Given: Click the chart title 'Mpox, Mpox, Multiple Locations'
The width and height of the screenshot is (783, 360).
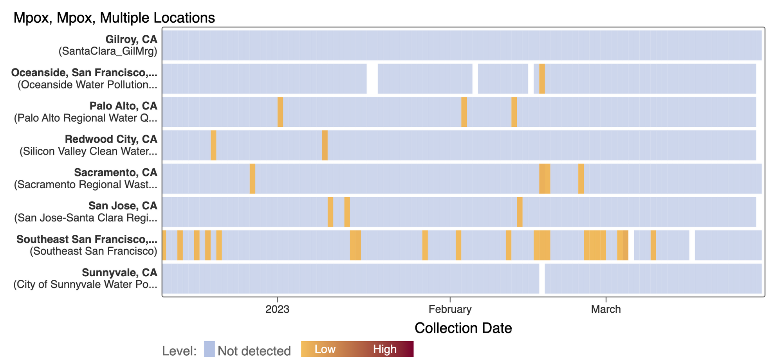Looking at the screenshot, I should pyautogui.click(x=114, y=18).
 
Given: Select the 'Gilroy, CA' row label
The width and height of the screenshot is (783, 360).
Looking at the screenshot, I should pyautogui.click(x=131, y=39).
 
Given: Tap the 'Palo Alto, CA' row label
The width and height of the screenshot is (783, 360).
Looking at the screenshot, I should pyautogui.click(x=123, y=106).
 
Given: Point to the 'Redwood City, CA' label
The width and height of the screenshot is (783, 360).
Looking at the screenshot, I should pyautogui.click(x=111, y=139).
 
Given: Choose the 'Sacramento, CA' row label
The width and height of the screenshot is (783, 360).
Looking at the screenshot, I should pyautogui.click(x=115, y=172).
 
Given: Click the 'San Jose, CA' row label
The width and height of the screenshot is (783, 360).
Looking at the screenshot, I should pyautogui.click(x=123, y=205).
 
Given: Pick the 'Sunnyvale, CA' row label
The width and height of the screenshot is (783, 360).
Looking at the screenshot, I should pyautogui.click(x=119, y=272).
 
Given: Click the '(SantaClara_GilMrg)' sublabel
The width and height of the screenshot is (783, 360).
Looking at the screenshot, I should pyautogui.click(x=108, y=51).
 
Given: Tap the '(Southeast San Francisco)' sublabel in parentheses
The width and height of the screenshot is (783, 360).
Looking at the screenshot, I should pyautogui.click(x=93, y=251).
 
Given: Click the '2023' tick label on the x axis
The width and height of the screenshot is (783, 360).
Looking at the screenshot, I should pyautogui.click(x=277, y=309).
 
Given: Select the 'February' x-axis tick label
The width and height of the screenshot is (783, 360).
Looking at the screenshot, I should pyautogui.click(x=450, y=309).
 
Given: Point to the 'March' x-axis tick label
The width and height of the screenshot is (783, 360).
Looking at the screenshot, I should pyautogui.click(x=606, y=309).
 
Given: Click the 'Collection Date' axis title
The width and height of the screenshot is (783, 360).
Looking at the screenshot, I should pyautogui.click(x=463, y=328).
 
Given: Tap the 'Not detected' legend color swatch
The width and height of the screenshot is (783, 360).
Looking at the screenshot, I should pyautogui.click(x=209, y=349).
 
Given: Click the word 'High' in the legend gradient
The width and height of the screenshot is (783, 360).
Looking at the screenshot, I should pyautogui.click(x=384, y=349).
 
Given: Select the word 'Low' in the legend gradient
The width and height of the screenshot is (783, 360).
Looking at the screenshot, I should pyautogui.click(x=325, y=349).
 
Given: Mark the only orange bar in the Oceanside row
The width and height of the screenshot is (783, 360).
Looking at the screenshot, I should pyautogui.click(x=542, y=79).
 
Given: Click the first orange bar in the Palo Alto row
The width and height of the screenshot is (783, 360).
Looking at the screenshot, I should pyautogui.click(x=280, y=112).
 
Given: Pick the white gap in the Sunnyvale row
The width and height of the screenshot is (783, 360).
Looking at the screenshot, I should pyautogui.click(x=542, y=279).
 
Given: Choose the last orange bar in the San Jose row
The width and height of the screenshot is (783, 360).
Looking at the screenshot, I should pyautogui.click(x=520, y=212).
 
